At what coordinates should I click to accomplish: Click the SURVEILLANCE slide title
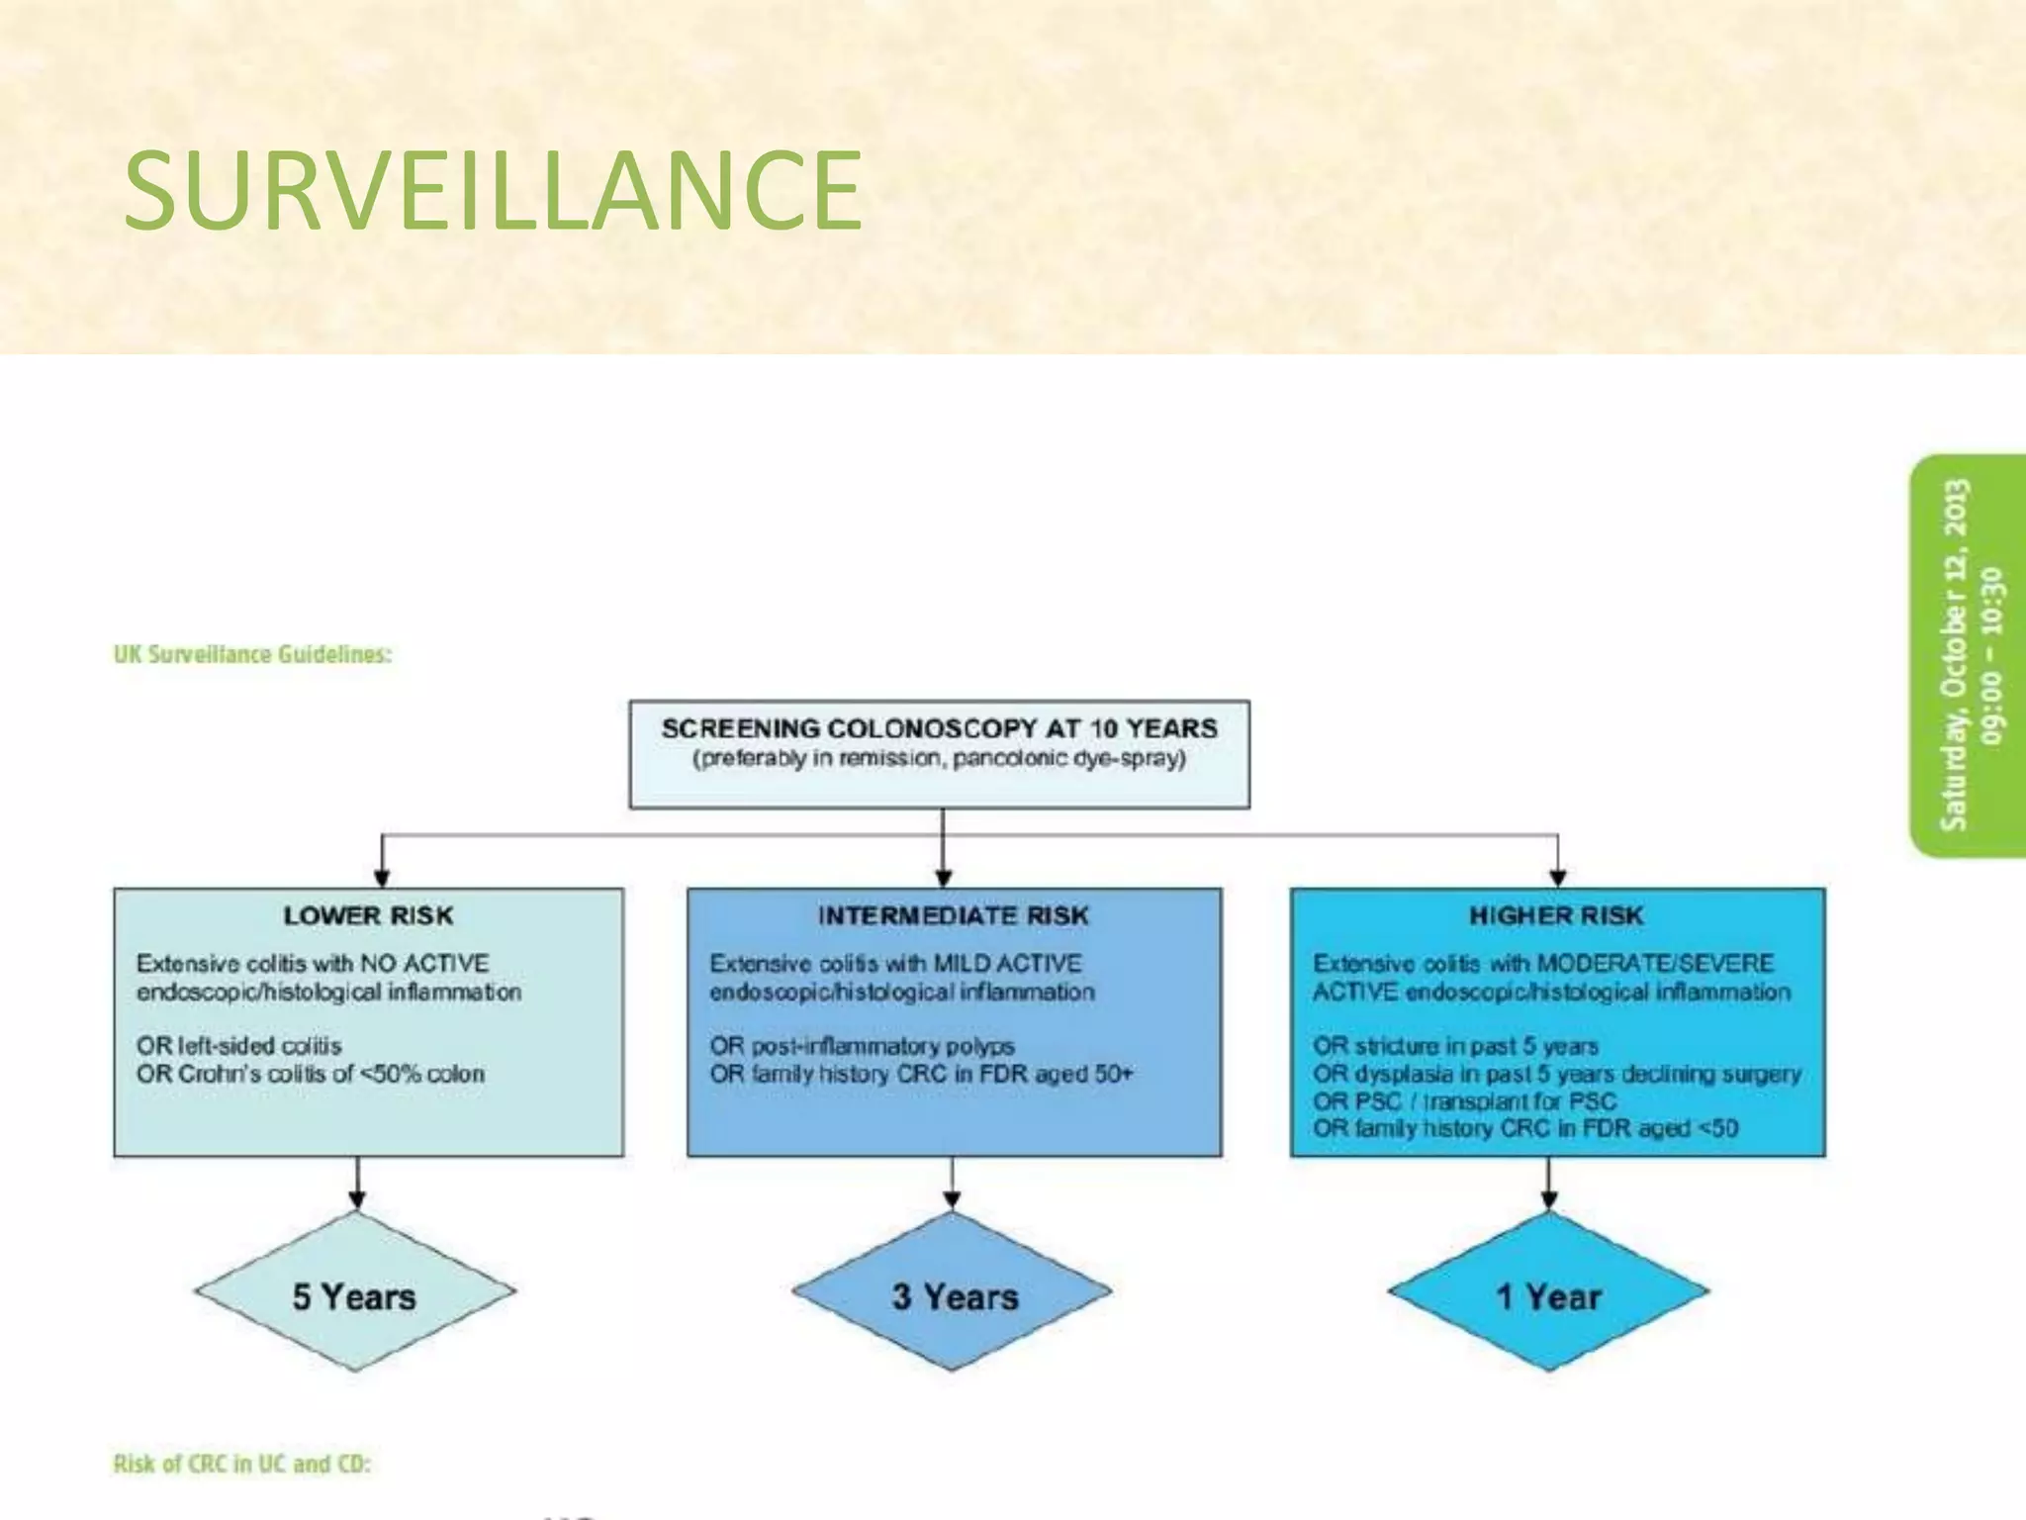pyautogui.click(x=493, y=189)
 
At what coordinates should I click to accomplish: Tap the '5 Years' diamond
pyautogui.click(x=355, y=1295)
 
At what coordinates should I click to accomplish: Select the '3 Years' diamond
pyautogui.click(x=954, y=1295)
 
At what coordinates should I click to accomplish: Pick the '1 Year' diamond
pyautogui.click(x=1548, y=1295)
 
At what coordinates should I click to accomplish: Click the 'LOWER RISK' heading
pyautogui.click(x=368, y=915)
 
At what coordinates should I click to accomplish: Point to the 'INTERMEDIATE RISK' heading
pyautogui.click(x=953, y=915)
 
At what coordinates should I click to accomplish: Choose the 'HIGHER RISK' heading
pyautogui.click(x=1556, y=915)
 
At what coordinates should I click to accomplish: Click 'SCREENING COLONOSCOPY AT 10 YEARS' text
pyautogui.click(x=939, y=728)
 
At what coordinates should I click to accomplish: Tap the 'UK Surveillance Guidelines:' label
pyautogui.click(x=253, y=654)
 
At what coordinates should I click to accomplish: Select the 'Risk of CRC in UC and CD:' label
pyautogui.click(x=242, y=1464)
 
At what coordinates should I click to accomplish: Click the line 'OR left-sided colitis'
pyautogui.click(x=239, y=1045)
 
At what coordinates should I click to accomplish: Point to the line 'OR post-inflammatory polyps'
pyautogui.click(x=862, y=1045)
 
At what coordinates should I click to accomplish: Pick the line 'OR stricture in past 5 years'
pyautogui.click(x=1455, y=1045)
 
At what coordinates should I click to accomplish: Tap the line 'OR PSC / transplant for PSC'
pyautogui.click(x=1464, y=1100)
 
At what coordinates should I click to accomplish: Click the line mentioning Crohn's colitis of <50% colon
pyautogui.click(x=311, y=1074)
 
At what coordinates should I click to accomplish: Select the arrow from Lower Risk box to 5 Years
pyautogui.click(x=357, y=1183)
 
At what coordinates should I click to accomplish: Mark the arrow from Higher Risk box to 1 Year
pyautogui.click(x=1549, y=1183)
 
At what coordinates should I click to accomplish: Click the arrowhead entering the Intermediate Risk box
pyautogui.click(x=944, y=878)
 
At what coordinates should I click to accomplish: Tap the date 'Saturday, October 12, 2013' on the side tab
pyautogui.click(x=1956, y=654)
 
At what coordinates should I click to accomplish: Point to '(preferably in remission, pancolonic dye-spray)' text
pyautogui.click(x=939, y=759)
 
